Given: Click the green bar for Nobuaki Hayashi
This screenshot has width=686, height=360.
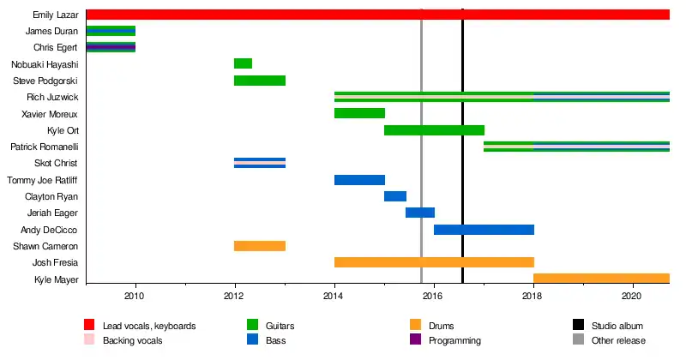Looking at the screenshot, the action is point(243,63).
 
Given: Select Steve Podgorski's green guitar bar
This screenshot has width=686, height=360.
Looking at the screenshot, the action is point(260,81).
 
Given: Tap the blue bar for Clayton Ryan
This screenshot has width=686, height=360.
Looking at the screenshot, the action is point(395,196).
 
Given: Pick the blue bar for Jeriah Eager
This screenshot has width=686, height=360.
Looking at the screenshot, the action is point(420,213).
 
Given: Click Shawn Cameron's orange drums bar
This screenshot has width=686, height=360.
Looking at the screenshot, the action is point(260,246).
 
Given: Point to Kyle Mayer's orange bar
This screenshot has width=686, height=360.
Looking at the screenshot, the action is point(602,279).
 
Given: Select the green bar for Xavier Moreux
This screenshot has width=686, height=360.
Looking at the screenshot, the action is point(359,113).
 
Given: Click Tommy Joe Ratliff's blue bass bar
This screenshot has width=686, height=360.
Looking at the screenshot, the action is point(359,180).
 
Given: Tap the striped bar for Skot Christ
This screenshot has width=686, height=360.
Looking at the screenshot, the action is point(260,163).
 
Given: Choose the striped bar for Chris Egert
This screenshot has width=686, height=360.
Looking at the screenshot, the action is point(111,47).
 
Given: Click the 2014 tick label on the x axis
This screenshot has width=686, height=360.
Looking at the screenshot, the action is point(333,296).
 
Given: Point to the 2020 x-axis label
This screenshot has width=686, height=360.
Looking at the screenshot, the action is point(631,296).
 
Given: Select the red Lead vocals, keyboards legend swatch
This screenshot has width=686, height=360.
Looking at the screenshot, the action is point(89,325).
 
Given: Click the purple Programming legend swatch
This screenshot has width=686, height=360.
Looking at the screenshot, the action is point(415,339).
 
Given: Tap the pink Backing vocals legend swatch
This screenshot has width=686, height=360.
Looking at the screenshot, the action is point(89,339).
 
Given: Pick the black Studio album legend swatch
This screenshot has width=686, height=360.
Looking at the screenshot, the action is point(578,325).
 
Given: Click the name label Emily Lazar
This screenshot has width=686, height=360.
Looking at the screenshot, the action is point(56,15).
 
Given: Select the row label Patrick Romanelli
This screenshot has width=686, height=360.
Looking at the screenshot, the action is point(45,147).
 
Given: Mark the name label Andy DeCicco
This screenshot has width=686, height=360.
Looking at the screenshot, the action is point(49,230).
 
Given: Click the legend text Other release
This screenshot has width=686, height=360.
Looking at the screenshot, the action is point(618,340).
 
